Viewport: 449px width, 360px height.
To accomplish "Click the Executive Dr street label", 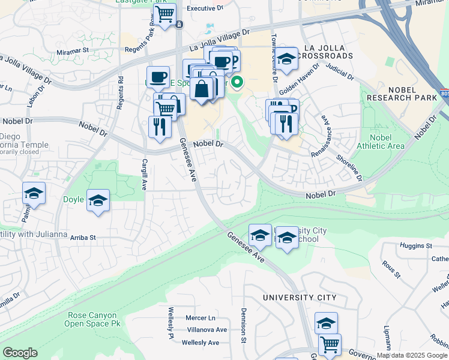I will coord(205,8).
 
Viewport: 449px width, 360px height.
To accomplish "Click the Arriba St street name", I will coord(83,238).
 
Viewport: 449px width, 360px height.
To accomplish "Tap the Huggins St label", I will coord(417,246).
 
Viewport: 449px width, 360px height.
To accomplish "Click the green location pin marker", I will coord(237,83).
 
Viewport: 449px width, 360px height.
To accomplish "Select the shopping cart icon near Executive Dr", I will coord(165,13).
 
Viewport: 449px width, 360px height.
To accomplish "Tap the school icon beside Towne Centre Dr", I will coord(287,59).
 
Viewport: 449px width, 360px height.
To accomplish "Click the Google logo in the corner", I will coord(20,353).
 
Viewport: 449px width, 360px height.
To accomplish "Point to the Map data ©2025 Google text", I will coord(412,355).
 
